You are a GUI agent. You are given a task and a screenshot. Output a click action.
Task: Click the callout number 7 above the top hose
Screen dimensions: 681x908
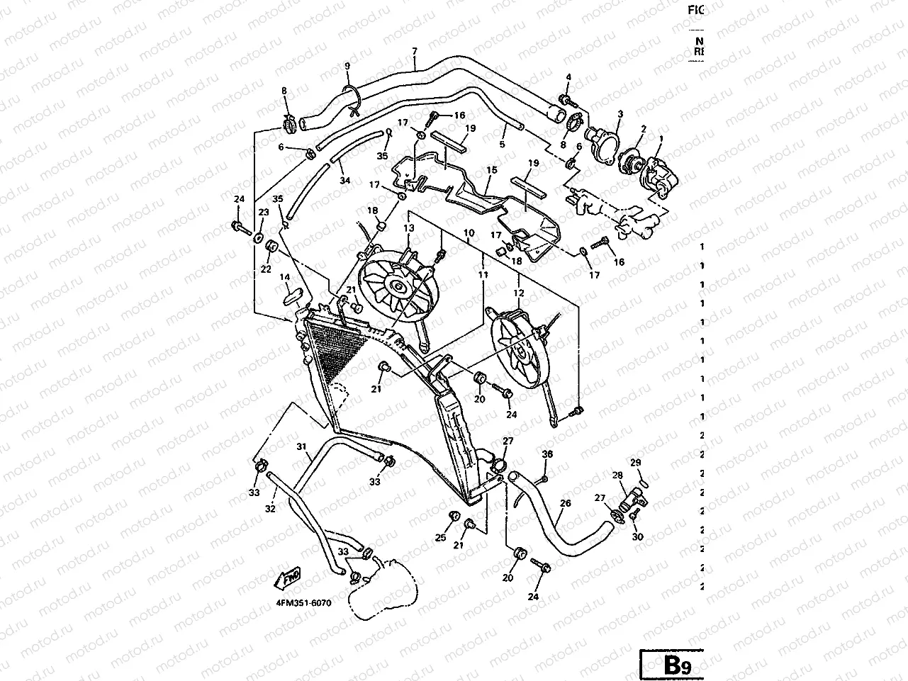(415, 51)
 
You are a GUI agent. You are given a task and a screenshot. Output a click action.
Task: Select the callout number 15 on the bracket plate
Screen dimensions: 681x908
(492, 170)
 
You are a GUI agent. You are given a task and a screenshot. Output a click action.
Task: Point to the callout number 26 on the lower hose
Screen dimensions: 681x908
(565, 504)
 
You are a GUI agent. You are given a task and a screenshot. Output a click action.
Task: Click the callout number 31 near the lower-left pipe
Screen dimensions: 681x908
(301, 447)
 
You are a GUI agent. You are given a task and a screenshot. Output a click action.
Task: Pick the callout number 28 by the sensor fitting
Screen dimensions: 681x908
(617, 475)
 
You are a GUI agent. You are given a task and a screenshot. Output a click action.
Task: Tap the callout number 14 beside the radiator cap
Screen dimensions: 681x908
(285, 277)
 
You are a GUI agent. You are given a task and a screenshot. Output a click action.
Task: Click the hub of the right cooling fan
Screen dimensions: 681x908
(522, 347)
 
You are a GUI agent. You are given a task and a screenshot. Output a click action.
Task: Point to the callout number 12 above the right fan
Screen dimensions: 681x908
(520, 293)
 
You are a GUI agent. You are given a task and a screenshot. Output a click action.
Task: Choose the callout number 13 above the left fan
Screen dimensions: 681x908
(409, 228)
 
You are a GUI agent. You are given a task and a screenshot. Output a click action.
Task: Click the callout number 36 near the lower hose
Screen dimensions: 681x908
(547, 454)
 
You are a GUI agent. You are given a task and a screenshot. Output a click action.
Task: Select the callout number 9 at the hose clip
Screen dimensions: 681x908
(347, 66)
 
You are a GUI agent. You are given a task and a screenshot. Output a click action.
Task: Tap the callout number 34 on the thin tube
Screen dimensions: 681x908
(345, 181)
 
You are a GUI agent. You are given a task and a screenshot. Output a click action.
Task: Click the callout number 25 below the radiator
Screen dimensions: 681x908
(440, 538)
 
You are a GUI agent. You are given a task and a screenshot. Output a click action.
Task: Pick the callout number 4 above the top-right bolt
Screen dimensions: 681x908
(568, 77)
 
